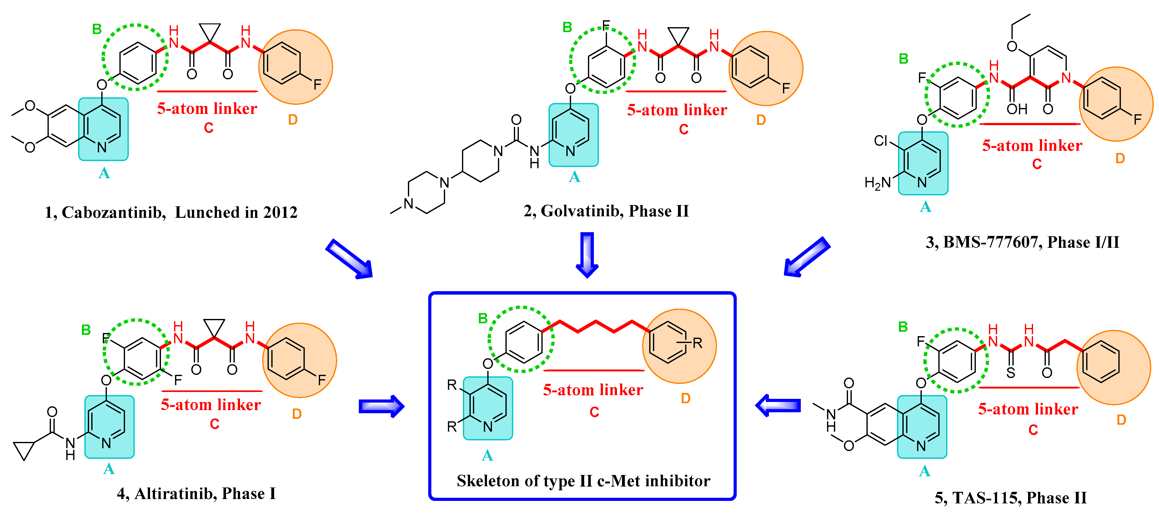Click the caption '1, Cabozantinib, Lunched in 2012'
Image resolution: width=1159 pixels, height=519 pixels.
[x=171, y=212]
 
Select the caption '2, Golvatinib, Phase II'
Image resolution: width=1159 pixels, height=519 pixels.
[x=606, y=211]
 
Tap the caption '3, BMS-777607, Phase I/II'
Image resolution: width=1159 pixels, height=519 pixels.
[x=1022, y=242]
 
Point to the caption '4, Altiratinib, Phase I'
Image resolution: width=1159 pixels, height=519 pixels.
[x=196, y=493]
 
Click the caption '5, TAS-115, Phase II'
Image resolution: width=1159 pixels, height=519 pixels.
[x=1011, y=497]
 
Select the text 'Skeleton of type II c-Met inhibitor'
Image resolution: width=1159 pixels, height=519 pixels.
[x=583, y=481]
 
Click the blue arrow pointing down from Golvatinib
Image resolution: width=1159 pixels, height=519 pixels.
[x=587, y=254]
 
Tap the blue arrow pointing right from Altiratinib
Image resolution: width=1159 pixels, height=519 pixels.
[x=381, y=406]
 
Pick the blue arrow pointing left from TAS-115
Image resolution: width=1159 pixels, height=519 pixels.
[x=778, y=405]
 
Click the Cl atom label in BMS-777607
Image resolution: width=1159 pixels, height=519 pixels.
[x=881, y=141]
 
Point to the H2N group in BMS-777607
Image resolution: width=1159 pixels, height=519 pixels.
[x=877, y=183]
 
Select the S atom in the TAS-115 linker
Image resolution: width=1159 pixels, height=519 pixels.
[x=1011, y=373]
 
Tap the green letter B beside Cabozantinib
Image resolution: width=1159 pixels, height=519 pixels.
[x=97, y=29]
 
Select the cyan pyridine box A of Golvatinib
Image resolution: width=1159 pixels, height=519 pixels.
[x=574, y=135]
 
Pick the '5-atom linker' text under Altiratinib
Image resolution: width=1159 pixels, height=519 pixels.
[x=211, y=405]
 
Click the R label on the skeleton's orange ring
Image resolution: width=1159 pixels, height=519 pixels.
[x=697, y=344]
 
